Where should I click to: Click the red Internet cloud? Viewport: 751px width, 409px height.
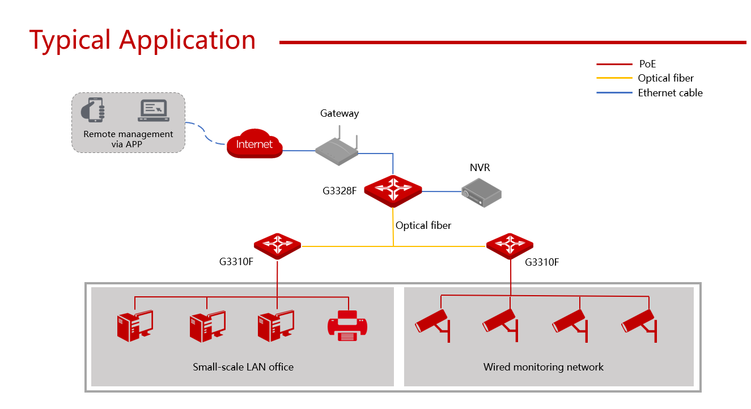coord(254,143)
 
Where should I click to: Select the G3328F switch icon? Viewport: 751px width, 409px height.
coord(393,190)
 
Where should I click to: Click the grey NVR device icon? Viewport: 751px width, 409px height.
coord(481,193)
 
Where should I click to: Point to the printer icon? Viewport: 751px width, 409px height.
coord(347,326)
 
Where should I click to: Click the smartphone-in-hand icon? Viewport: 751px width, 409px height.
coord(93,110)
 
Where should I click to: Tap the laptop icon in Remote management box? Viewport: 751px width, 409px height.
coord(154,110)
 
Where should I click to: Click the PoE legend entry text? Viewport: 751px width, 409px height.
coord(647,64)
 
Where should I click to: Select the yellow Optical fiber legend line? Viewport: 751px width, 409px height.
coord(614,78)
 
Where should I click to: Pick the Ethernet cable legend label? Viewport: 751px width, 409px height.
coord(670,93)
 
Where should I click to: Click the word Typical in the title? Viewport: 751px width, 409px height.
coord(70,40)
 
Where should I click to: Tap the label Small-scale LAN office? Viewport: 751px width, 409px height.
coord(243,367)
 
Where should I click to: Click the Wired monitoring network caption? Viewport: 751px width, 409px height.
coord(543,367)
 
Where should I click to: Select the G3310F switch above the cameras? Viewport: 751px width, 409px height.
coord(510,246)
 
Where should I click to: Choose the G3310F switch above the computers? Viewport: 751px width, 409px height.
coord(277,246)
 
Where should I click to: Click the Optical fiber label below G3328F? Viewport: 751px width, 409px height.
coord(423,225)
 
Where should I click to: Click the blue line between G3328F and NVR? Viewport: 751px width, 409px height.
coord(442,191)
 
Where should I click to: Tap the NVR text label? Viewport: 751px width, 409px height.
coord(480,168)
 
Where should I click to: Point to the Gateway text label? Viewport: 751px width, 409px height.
coord(340,113)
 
